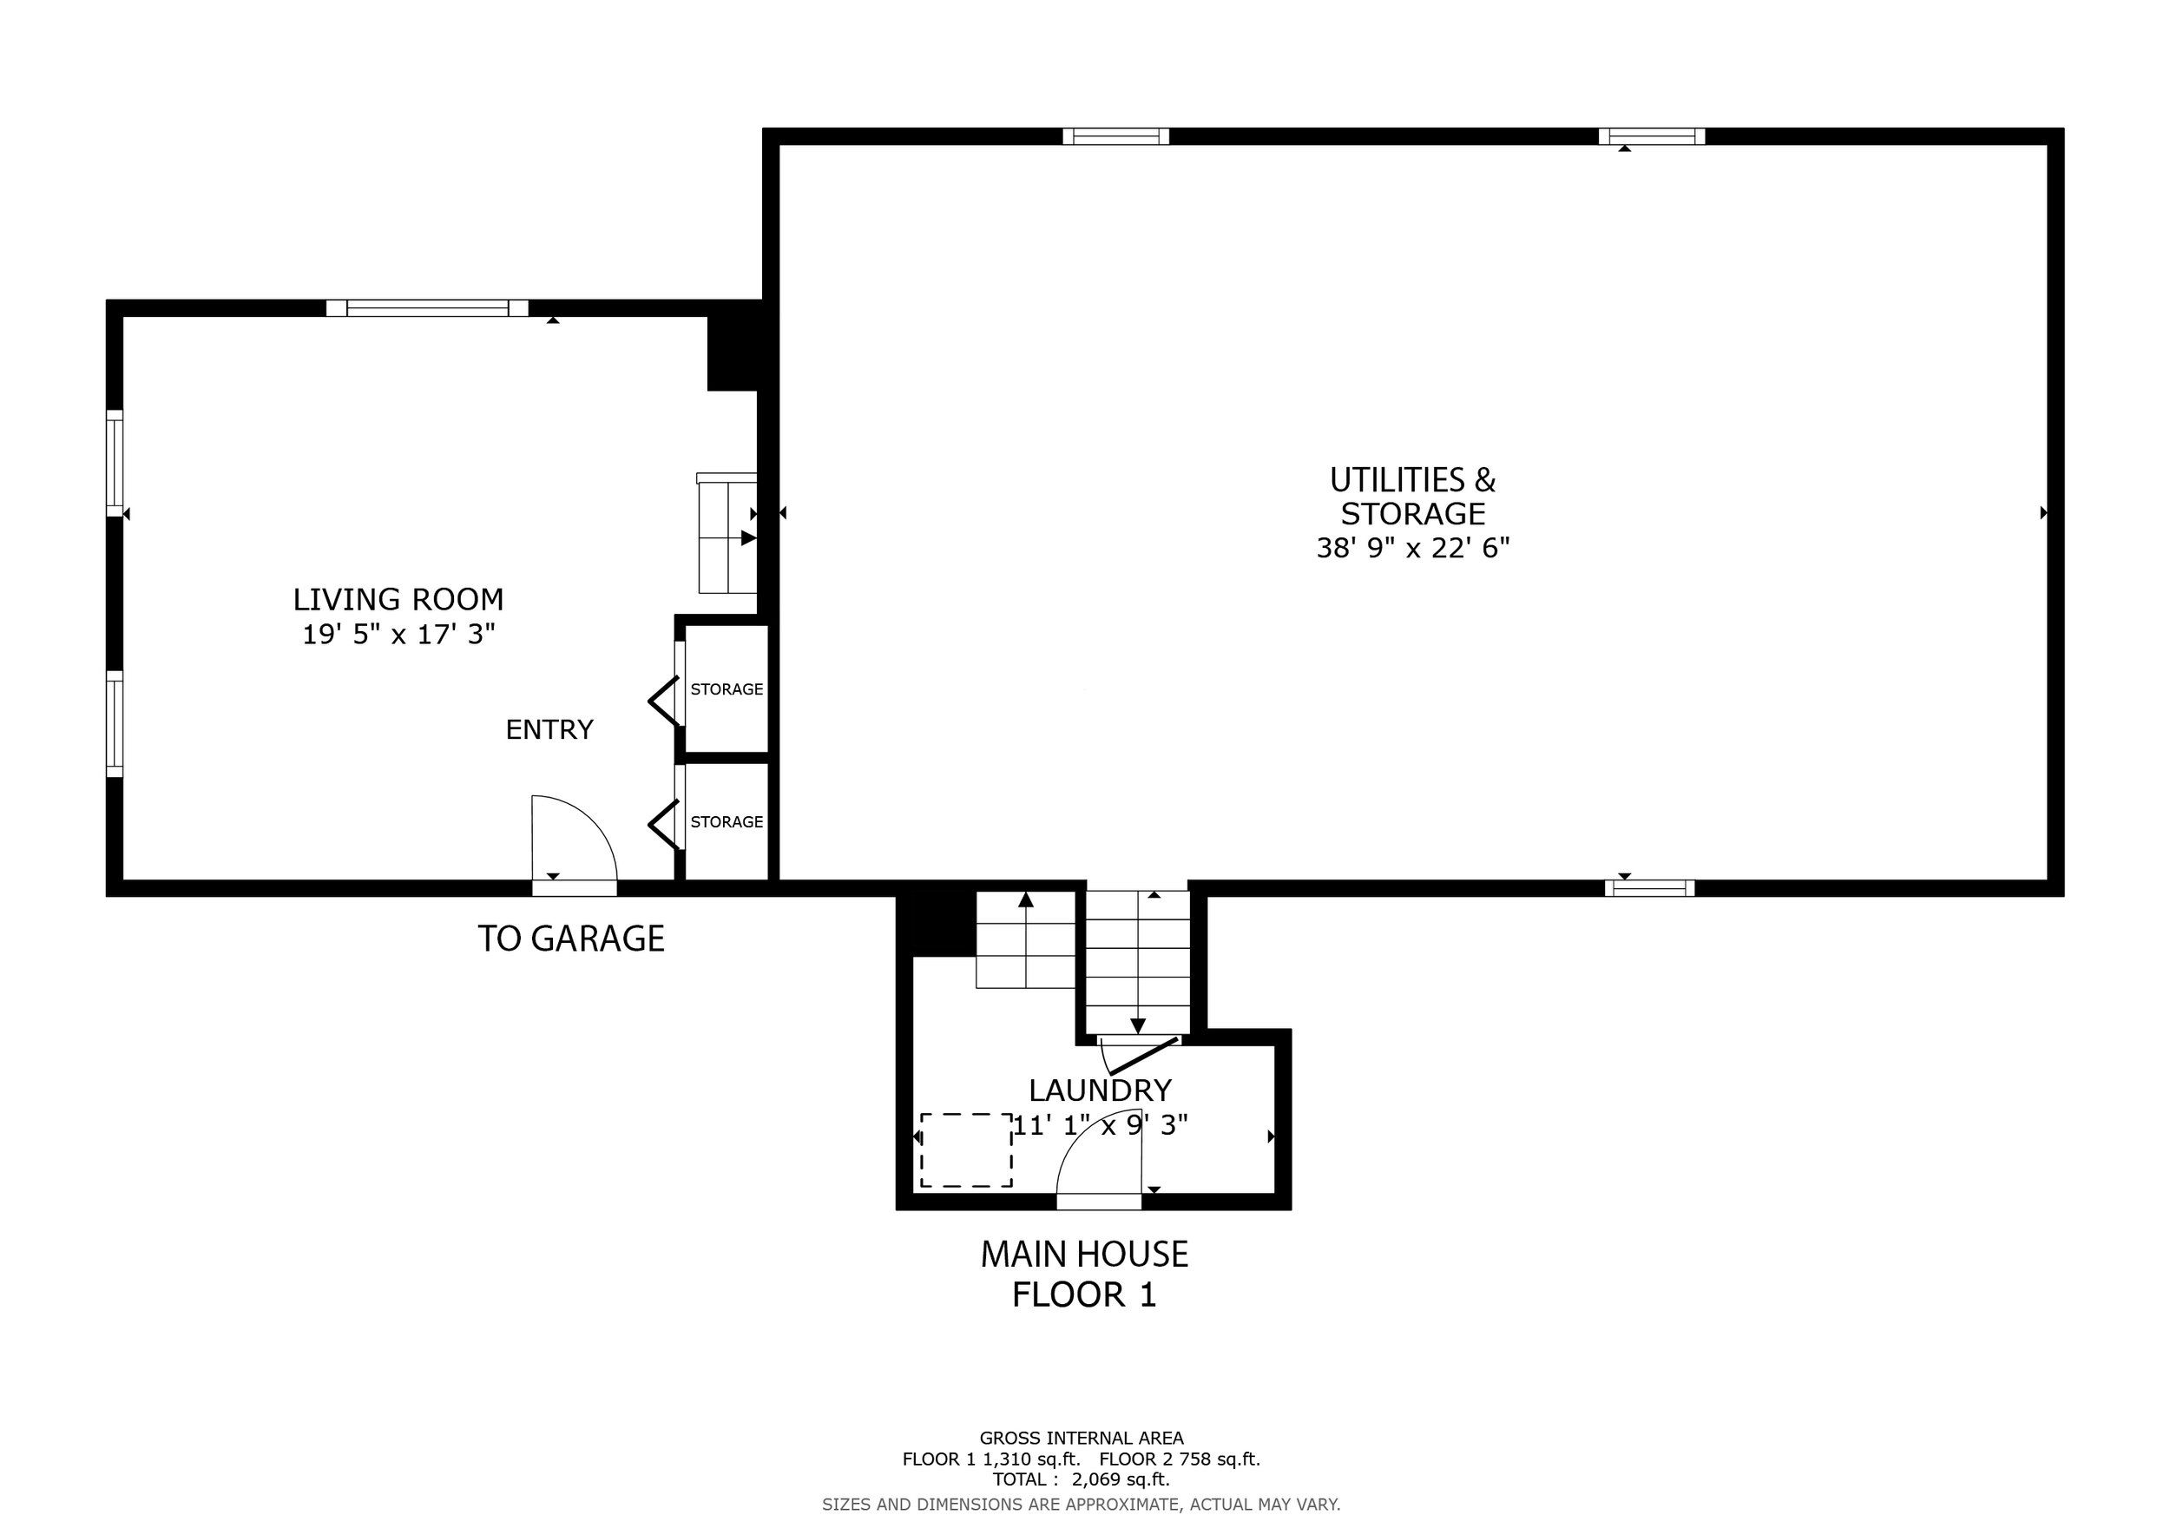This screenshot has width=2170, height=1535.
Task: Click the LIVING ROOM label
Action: click(398, 599)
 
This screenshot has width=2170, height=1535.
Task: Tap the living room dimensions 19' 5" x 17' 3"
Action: click(398, 633)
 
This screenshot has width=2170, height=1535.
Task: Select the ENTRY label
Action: click(549, 729)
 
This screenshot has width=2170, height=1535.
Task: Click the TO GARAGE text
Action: click(571, 939)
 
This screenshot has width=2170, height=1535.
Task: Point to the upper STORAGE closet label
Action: click(727, 689)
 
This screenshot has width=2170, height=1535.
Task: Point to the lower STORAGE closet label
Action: click(727, 822)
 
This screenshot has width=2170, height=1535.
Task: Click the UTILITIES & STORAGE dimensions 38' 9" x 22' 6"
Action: click(1413, 548)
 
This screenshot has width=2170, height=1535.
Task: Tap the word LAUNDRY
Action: click(1100, 1090)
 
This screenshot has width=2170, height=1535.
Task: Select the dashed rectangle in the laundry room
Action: click(966, 1150)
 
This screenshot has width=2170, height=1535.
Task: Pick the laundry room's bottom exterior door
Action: click(1099, 1202)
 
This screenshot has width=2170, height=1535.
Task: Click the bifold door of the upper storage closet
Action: click(664, 702)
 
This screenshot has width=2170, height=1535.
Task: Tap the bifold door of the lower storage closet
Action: click(664, 825)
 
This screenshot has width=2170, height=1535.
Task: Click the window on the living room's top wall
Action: click(427, 308)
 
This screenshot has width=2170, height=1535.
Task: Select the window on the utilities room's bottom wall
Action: click(1649, 888)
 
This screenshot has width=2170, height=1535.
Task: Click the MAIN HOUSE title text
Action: click(1084, 1255)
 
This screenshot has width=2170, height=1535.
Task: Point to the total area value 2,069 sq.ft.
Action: click(1121, 1479)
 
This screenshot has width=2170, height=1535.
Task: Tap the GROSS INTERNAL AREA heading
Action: click(1082, 1439)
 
